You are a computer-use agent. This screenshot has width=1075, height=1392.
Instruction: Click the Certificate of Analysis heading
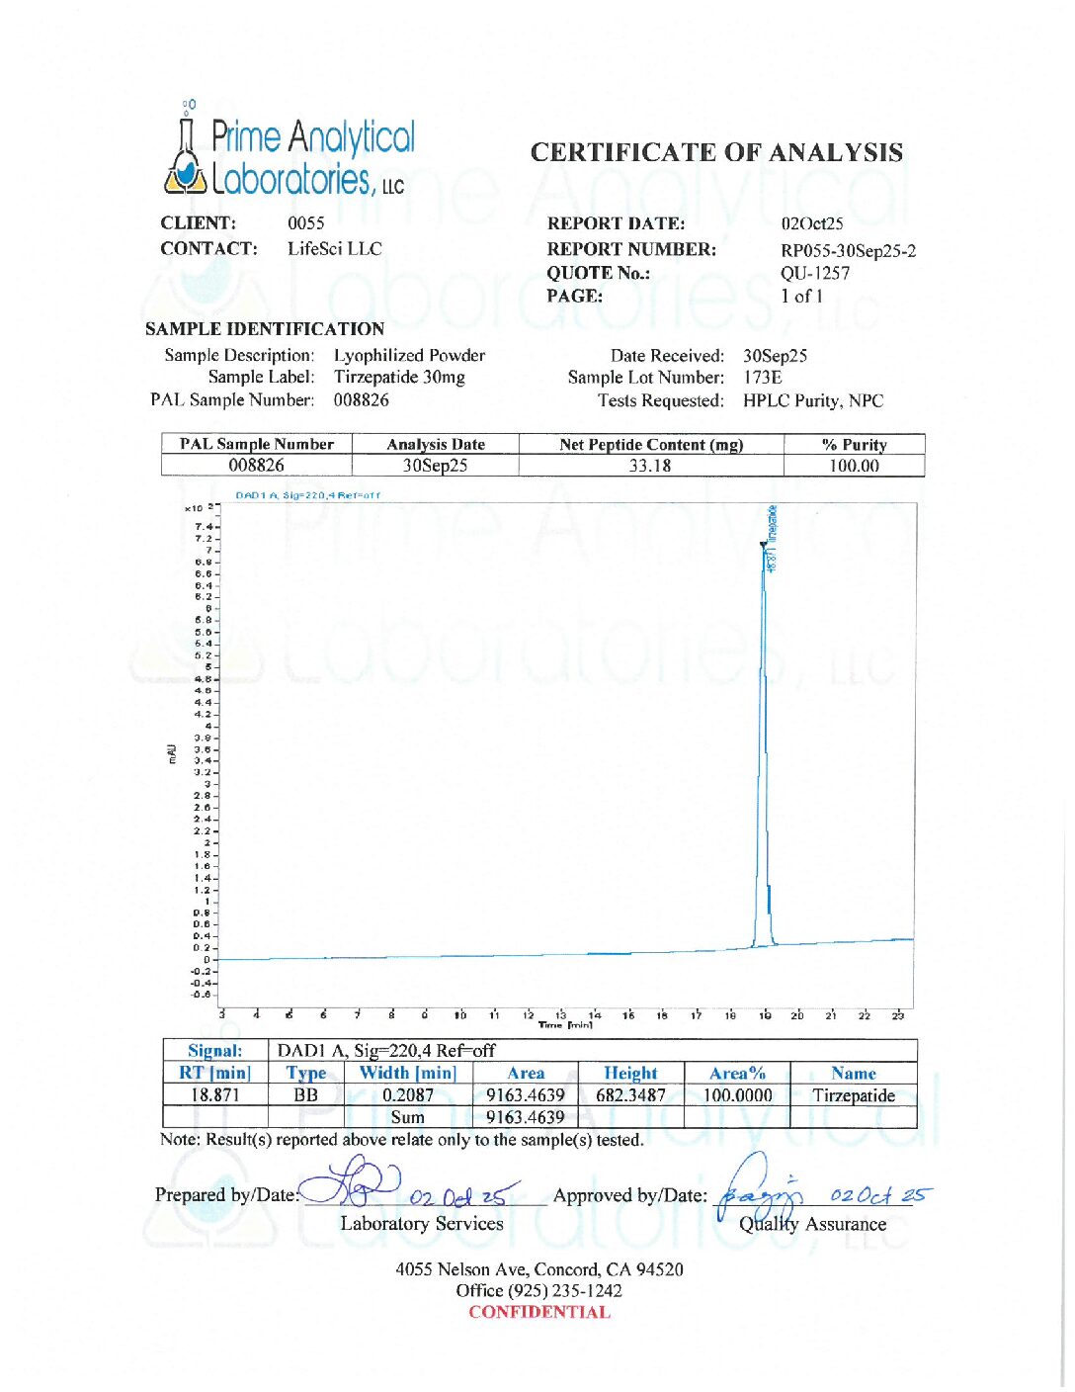coord(716,152)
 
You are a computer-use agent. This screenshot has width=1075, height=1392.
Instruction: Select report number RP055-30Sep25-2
coord(848,250)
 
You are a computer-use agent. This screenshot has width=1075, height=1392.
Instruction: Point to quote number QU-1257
coord(814,273)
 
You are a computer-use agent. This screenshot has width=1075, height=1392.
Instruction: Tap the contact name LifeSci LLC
coord(334,248)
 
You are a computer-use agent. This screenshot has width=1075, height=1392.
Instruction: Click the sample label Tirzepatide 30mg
coord(399,377)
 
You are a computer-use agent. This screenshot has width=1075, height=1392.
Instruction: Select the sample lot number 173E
coord(762,377)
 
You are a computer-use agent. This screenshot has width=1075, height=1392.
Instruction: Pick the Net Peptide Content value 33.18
coord(650,466)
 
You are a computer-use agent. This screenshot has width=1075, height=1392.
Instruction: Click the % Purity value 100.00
coord(854,466)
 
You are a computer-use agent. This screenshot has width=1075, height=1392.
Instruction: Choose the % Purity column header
coord(854,445)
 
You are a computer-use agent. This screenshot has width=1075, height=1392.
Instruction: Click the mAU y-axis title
coord(172,753)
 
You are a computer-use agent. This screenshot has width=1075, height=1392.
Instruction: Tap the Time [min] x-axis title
coord(565,1024)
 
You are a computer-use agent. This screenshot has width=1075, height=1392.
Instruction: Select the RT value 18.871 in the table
coord(215,1095)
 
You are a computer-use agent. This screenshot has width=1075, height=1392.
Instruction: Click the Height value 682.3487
coord(630,1095)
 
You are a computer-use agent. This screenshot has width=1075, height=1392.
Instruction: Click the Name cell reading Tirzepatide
coord(853,1095)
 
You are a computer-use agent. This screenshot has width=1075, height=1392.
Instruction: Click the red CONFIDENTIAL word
coord(539,1312)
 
